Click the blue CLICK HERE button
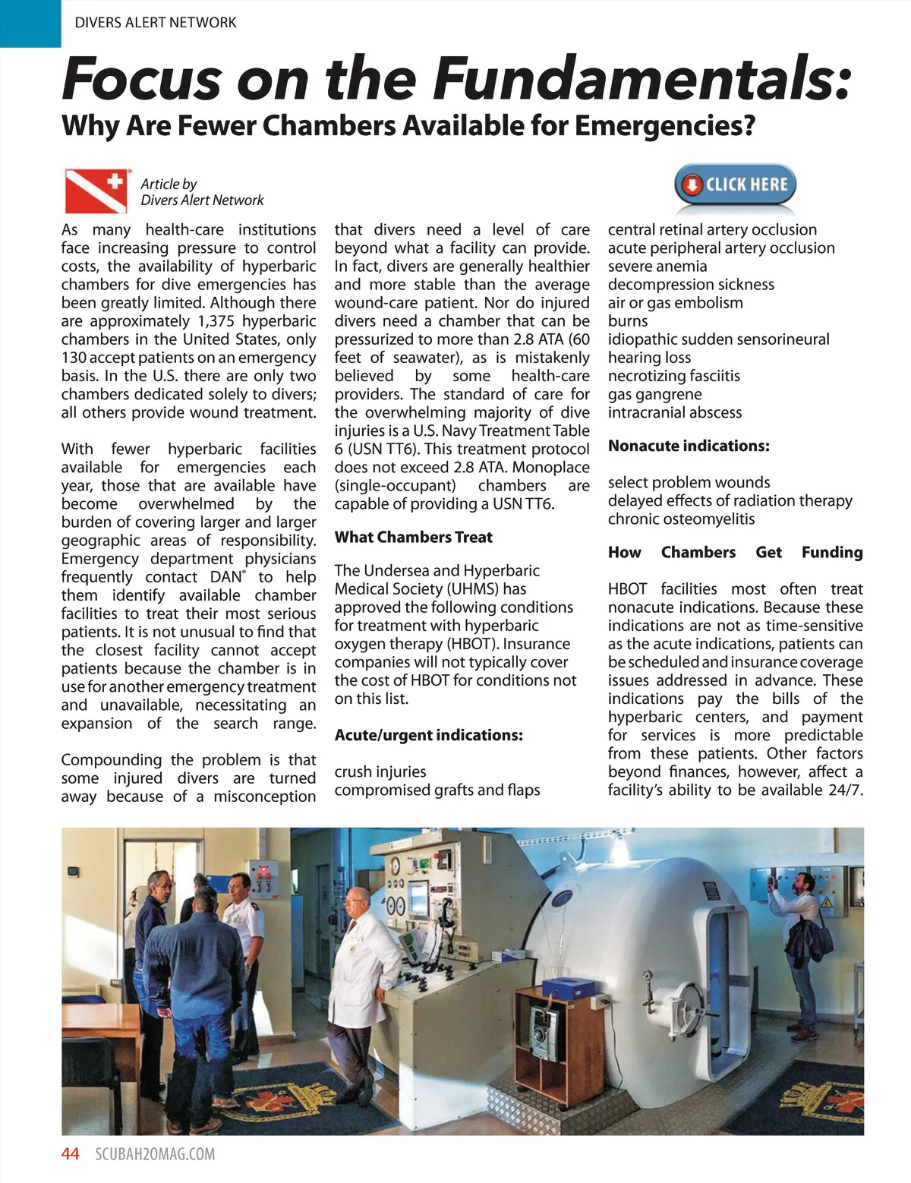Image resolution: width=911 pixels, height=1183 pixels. tap(735, 185)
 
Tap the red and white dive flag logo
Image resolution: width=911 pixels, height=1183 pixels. tap(96, 191)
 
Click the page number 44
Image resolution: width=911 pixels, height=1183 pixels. tap(70, 1154)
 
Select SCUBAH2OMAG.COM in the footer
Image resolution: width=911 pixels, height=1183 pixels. tap(155, 1154)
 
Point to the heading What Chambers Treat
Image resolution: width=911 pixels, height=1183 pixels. tap(413, 538)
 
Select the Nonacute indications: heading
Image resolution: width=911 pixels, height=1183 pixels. tap(689, 446)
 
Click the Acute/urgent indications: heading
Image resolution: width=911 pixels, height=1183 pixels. tap(428, 736)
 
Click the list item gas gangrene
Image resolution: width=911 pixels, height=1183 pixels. tap(654, 395)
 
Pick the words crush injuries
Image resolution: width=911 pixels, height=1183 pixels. tap(380, 772)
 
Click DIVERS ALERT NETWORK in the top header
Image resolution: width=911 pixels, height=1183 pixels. tap(156, 23)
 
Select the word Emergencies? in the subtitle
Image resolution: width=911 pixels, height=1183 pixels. tap(665, 125)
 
